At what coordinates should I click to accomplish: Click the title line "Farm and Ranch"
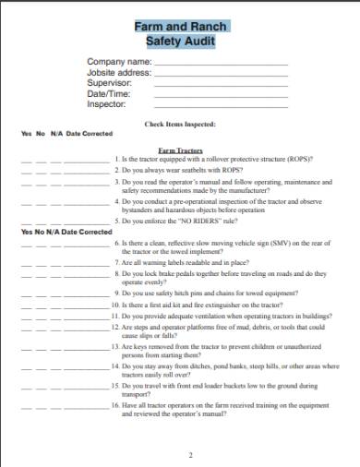[180, 28]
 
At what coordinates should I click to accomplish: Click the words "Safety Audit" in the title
[180, 42]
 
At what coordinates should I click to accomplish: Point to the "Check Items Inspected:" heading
[180, 123]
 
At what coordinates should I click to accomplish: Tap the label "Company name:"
[117, 62]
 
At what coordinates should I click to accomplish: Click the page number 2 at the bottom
[190, 454]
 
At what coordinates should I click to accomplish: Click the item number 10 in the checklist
[115, 304]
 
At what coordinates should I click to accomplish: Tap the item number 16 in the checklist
[115, 404]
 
